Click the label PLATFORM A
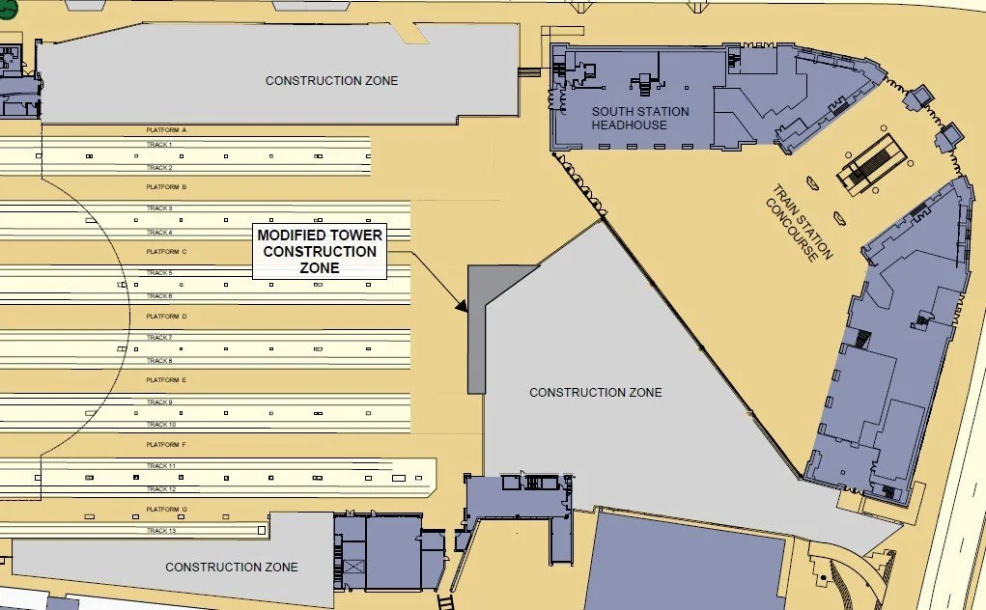click(x=166, y=130)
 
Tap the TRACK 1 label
click(x=159, y=145)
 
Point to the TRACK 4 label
click(x=159, y=233)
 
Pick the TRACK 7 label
click(x=159, y=338)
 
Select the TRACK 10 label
click(x=160, y=425)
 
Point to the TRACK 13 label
click(x=160, y=531)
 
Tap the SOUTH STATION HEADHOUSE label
click(x=640, y=119)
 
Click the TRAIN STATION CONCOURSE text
click(x=799, y=223)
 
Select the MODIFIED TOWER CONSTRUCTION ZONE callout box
click(x=319, y=251)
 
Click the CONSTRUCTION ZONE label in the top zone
click(x=331, y=81)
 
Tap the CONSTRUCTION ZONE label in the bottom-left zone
click(x=231, y=568)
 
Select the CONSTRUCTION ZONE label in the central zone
click(x=596, y=393)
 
